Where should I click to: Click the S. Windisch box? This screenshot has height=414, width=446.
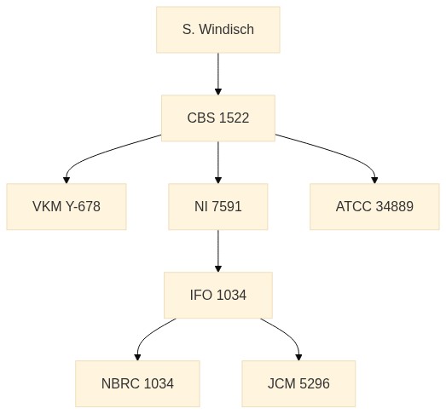click(x=218, y=30)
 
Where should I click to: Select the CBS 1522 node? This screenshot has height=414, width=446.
click(x=218, y=118)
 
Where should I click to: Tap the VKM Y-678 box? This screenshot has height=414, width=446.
click(x=67, y=206)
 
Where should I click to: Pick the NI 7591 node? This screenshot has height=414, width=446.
click(x=218, y=206)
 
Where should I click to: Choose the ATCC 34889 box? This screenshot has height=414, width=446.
click(x=374, y=206)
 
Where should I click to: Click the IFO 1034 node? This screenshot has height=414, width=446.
click(x=218, y=296)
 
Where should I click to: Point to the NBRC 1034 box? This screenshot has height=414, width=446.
click(x=137, y=383)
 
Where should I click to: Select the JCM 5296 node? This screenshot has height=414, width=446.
click(x=298, y=383)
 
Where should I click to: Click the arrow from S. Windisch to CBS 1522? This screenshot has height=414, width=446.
click(x=218, y=74)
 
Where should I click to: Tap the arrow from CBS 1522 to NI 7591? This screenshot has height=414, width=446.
click(x=218, y=162)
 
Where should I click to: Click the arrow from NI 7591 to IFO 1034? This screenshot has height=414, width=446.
click(x=218, y=251)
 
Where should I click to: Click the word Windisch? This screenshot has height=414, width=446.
click(x=227, y=29)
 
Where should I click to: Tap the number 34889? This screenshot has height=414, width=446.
click(x=394, y=206)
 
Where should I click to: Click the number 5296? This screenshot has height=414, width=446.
click(x=315, y=383)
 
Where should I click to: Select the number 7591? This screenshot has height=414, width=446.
click(x=227, y=206)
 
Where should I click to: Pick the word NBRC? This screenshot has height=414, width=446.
click(x=121, y=383)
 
